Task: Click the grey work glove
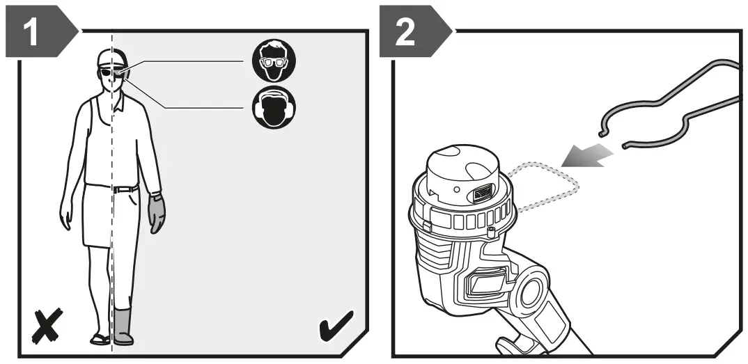tap(157, 213)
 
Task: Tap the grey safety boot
tap(123, 325)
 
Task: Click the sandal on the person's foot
tap(100, 340)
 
